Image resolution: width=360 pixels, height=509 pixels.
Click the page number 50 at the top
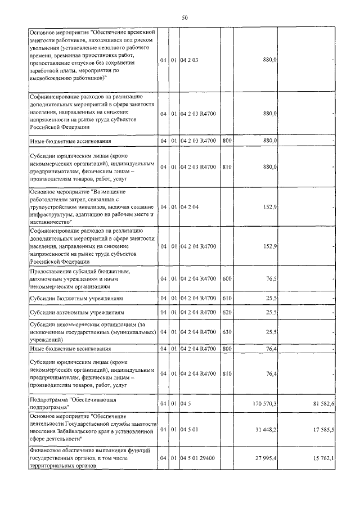pos(184,18)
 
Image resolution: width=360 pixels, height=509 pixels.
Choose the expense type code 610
pos(227,298)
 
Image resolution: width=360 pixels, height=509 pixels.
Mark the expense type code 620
pos(227,312)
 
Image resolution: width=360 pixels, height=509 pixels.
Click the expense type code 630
pos(227,332)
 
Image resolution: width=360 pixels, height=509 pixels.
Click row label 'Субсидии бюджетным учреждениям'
pos(76,298)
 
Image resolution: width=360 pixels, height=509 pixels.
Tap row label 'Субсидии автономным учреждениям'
pos(76,312)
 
